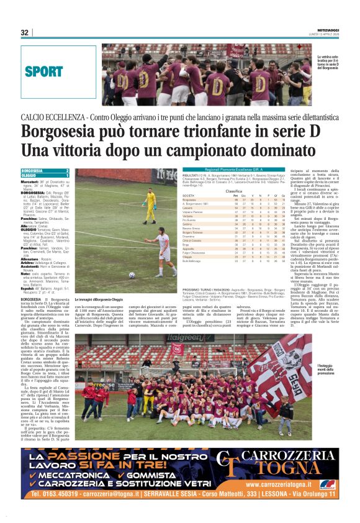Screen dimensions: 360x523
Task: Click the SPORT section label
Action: (x=44, y=72)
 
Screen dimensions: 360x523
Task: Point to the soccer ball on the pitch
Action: (x=132, y=275)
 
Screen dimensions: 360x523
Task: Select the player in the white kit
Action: (x=165, y=250)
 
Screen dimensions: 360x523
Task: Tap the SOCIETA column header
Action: (x=188, y=196)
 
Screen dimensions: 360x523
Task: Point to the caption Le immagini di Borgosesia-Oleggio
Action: (x=99, y=300)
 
